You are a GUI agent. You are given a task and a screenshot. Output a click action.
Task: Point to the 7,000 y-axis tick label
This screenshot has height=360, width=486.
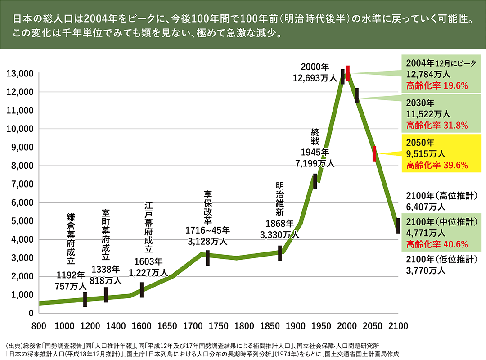[x=20, y=184]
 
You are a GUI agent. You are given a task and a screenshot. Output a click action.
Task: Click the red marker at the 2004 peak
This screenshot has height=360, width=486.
[x=347, y=73]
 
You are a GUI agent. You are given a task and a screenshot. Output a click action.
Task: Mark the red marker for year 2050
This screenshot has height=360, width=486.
[x=374, y=153]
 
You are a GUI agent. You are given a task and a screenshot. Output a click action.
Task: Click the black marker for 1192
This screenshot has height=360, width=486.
[x=85, y=299]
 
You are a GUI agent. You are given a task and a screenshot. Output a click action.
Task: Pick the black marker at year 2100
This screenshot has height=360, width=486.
[x=398, y=225]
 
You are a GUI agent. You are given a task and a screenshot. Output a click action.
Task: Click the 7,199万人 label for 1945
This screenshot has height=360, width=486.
[x=315, y=164]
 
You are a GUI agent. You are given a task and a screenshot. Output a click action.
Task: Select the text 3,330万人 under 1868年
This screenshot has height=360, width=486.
[x=279, y=234]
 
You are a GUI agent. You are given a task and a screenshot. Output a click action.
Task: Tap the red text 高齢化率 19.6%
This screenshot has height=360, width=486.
[x=437, y=85]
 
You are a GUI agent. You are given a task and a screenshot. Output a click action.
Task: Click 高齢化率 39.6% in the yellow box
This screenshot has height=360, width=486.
[x=437, y=165]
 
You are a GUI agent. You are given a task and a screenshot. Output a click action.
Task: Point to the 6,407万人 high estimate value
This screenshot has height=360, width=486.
[x=425, y=207]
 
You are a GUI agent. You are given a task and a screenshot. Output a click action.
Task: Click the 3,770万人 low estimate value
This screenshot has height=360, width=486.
[x=425, y=270]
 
